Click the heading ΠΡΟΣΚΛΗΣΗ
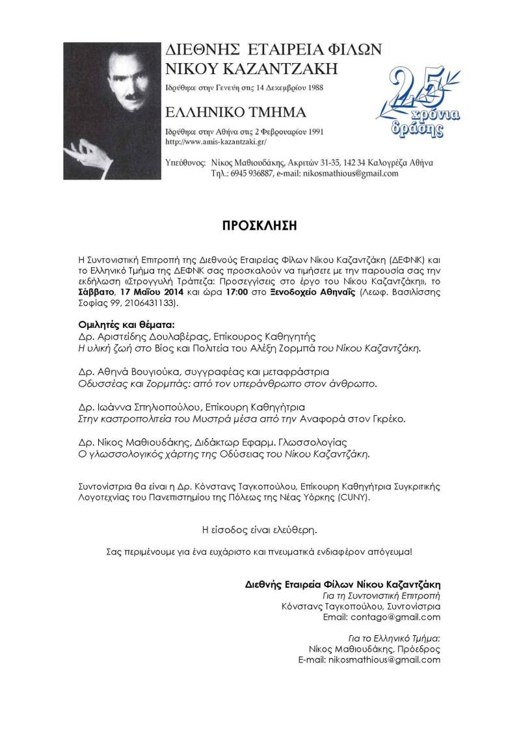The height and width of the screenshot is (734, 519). (x=259, y=226)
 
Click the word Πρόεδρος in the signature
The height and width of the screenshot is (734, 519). (x=418, y=649)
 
